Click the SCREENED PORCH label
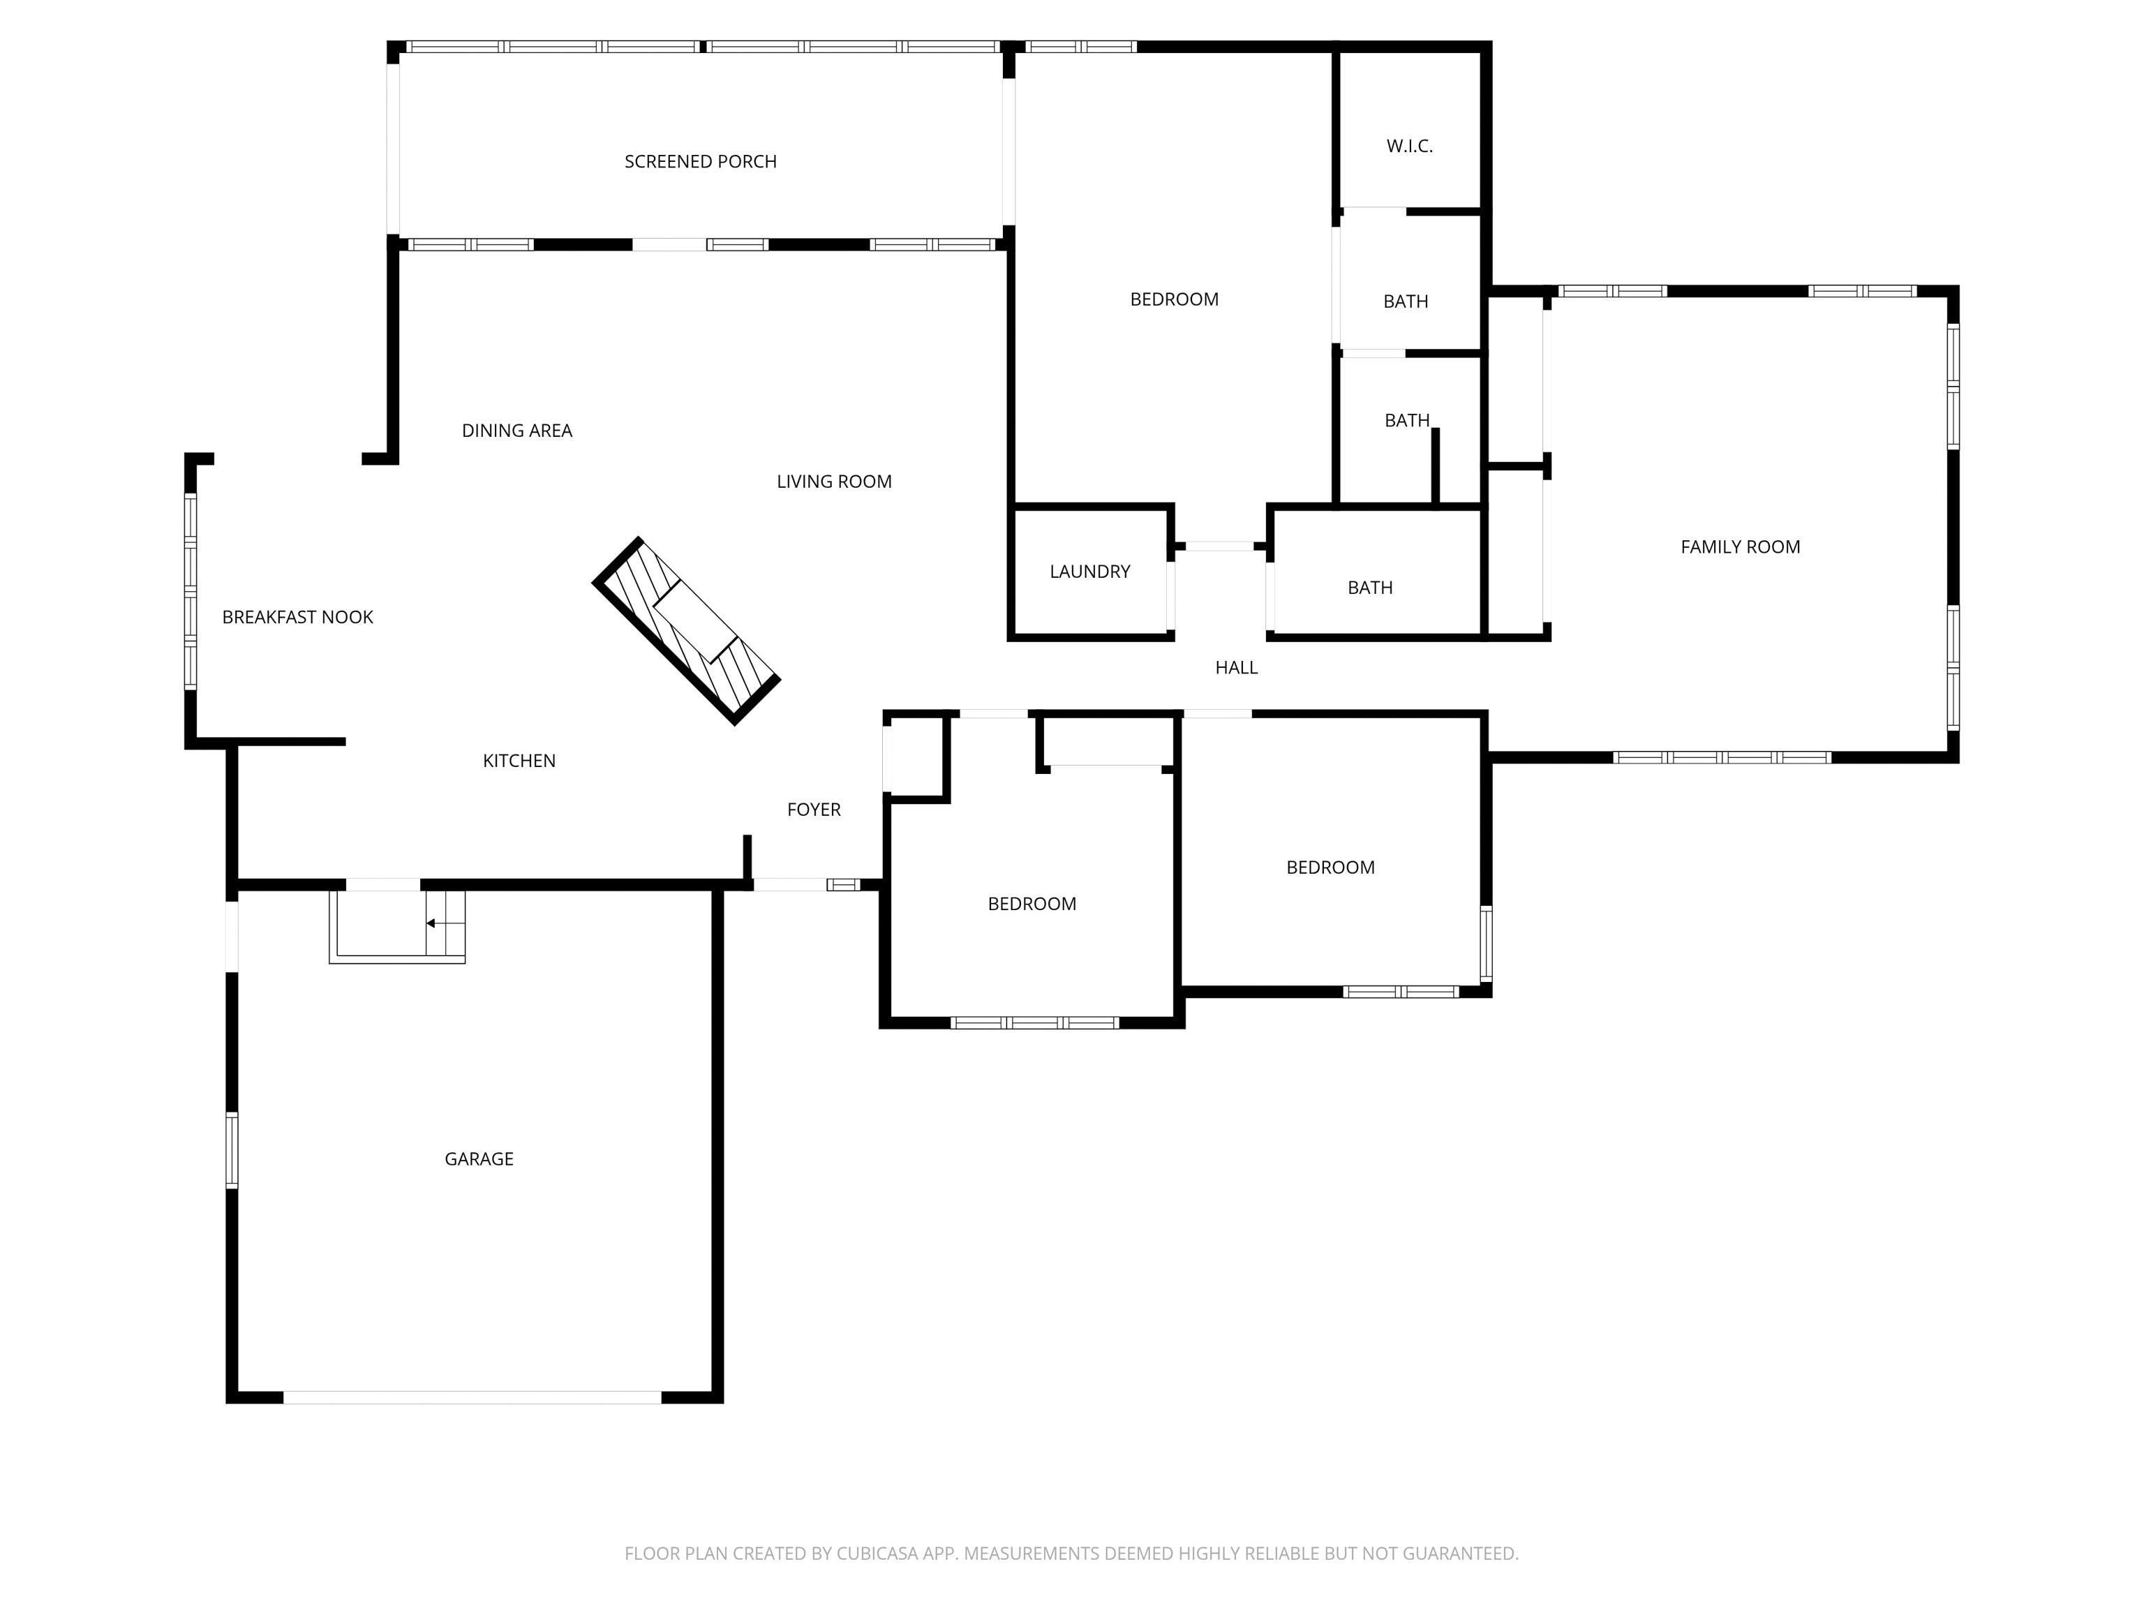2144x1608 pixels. tap(700, 162)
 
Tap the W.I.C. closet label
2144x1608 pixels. tap(1409, 147)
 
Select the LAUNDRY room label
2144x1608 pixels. tap(1089, 572)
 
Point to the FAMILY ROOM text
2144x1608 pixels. tap(1740, 546)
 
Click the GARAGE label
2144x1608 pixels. tap(479, 1159)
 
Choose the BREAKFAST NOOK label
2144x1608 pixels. tap(297, 618)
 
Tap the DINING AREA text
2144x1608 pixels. tap(516, 431)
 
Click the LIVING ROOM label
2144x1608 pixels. tap(833, 482)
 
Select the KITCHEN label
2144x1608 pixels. tap(519, 761)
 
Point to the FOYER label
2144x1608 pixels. tap(813, 810)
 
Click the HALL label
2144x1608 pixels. tap(1236, 668)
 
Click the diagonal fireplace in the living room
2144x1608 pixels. tap(686, 630)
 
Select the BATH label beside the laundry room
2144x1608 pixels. tap(1369, 588)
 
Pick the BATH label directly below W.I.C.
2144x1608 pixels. tap(1406, 301)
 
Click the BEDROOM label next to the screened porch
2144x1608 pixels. tap(1174, 299)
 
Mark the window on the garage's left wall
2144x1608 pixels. tap(232, 1149)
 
